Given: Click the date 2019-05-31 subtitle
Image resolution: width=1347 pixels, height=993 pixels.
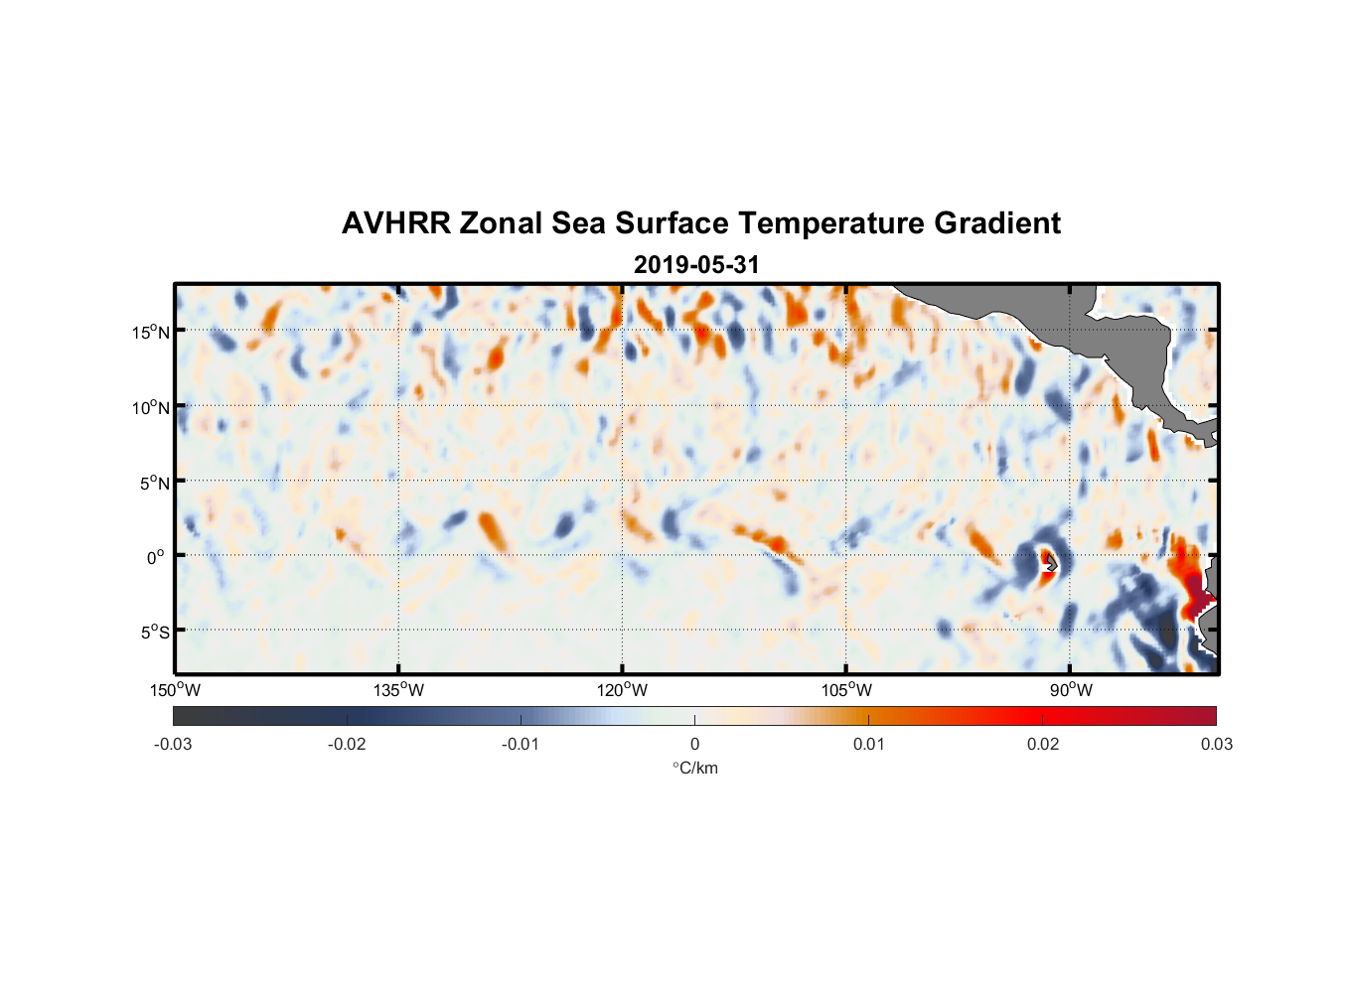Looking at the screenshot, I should click(x=696, y=265).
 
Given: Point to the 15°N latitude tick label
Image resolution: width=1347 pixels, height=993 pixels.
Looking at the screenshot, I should click(x=151, y=332).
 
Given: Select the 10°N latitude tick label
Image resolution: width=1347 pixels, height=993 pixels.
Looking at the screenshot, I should click(x=151, y=407).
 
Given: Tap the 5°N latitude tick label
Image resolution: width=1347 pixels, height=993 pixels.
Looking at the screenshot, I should click(x=154, y=483).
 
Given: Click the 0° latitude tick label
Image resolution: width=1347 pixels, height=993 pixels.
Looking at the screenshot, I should click(x=155, y=557).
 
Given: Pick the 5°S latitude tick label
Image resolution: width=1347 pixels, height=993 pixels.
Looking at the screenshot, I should click(x=154, y=633).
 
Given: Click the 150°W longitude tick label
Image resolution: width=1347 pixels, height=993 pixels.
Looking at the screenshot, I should click(x=175, y=690).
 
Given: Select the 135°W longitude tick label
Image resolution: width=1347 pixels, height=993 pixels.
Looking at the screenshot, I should click(x=398, y=690).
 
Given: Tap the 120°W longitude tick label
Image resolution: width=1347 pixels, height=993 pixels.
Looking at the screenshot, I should click(x=622, y=690).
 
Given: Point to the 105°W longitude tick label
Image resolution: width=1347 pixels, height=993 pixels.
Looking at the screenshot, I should click(x=846, y=690).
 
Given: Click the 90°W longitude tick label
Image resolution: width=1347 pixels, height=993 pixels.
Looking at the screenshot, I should click(x=1071, y=690).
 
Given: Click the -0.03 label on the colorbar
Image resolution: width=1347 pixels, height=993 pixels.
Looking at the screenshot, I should click(x=173, y=744).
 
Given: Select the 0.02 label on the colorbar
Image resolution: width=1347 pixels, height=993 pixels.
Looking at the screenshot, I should click(x=1043, y=744).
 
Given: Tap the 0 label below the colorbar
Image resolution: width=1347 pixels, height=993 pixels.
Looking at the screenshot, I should click(x=694, y=744).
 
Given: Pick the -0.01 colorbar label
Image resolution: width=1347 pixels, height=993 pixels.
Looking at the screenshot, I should click(x=521, y=744).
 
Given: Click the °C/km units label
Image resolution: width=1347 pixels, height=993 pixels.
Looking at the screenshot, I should click(x=694, y=768).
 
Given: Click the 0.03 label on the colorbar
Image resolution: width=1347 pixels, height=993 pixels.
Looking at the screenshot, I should click(x=1216, y=744).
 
